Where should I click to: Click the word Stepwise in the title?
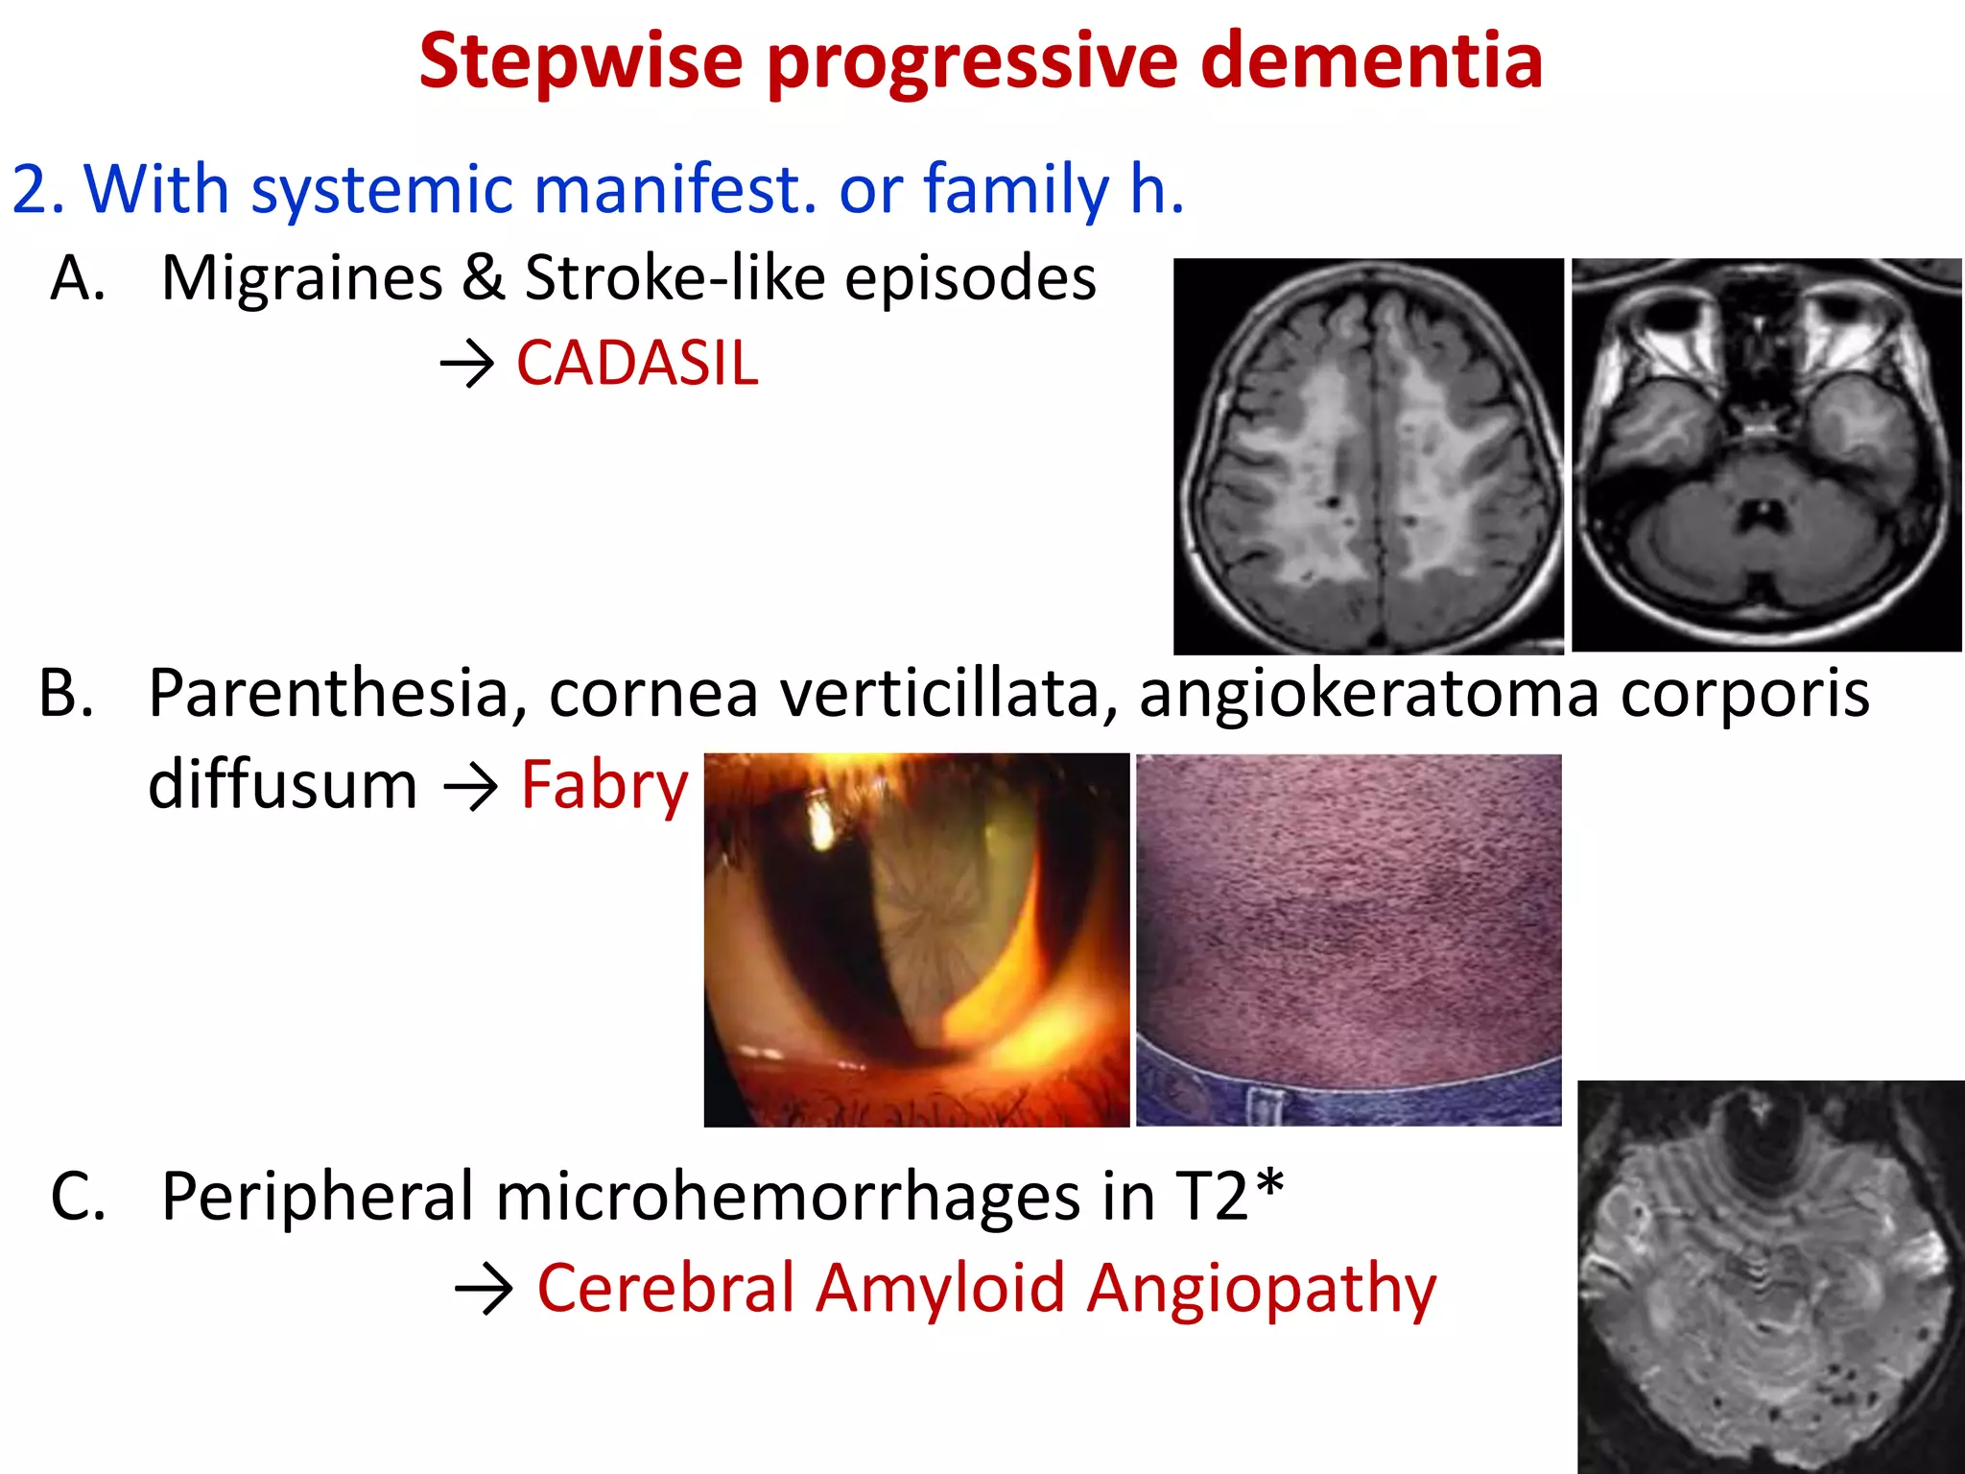pos(580,61)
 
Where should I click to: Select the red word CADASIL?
pos(637,364)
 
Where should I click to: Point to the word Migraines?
pos(302,278)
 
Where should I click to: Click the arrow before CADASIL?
pos(466,366)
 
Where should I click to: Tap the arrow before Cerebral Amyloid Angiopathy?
pos(485,1291)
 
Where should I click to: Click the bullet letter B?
pos(66,693)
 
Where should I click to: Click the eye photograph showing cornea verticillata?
pos(916,939)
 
